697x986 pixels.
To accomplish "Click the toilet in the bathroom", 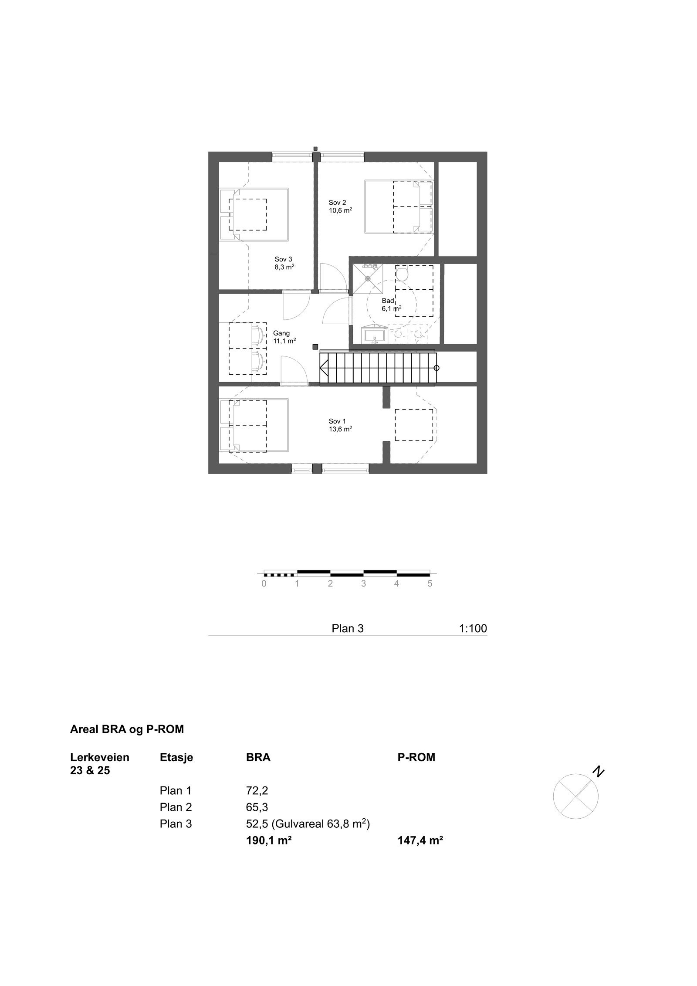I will click(402, 274).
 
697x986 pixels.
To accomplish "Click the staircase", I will click(377, 369).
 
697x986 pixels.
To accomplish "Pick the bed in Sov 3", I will click(254, 214).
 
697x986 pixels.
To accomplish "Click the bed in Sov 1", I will click(254, 425).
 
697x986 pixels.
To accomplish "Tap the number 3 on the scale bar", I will click(363, 584).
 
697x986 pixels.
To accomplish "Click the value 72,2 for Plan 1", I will click(256, 790).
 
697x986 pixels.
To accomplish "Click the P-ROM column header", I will click(416, 757).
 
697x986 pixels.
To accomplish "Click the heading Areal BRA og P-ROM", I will click(127, 729).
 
